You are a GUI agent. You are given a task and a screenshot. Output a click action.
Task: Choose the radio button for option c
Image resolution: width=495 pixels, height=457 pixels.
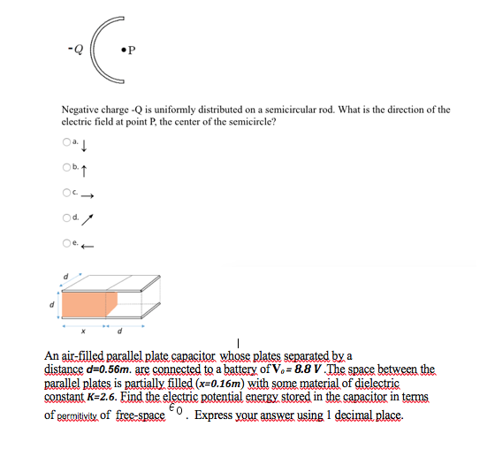64,194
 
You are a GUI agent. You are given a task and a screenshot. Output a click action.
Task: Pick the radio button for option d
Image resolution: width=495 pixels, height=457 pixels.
64,218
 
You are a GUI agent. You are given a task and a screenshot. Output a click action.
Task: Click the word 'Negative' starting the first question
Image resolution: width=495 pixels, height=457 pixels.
78,110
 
